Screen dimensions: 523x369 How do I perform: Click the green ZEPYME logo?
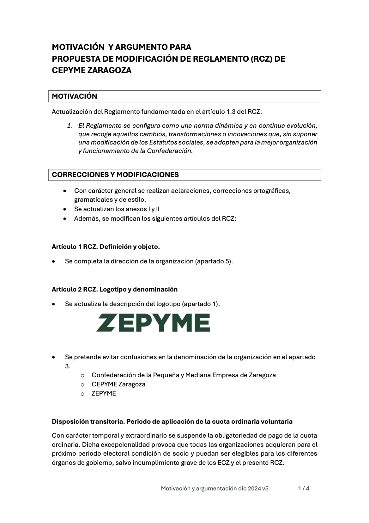[153, 323]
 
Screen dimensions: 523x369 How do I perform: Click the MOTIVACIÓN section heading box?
[184, 96]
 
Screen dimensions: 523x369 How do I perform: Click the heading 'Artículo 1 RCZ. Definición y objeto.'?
[106, 247]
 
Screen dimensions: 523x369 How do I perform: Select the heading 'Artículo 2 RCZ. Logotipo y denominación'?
[114, 289]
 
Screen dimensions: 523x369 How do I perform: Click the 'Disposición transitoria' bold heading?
[172, 421]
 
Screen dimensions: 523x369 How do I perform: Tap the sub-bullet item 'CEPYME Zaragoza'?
[118, 384]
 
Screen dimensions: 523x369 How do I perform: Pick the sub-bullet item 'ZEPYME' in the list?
[104, 393]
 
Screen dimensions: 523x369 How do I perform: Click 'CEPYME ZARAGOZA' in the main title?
[92, 71]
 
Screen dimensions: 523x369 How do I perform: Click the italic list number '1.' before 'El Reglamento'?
[70, 126]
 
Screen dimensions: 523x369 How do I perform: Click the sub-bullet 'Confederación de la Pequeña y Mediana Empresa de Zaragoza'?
[184, 375]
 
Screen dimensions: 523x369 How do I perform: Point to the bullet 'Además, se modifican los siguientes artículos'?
[155, 218]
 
